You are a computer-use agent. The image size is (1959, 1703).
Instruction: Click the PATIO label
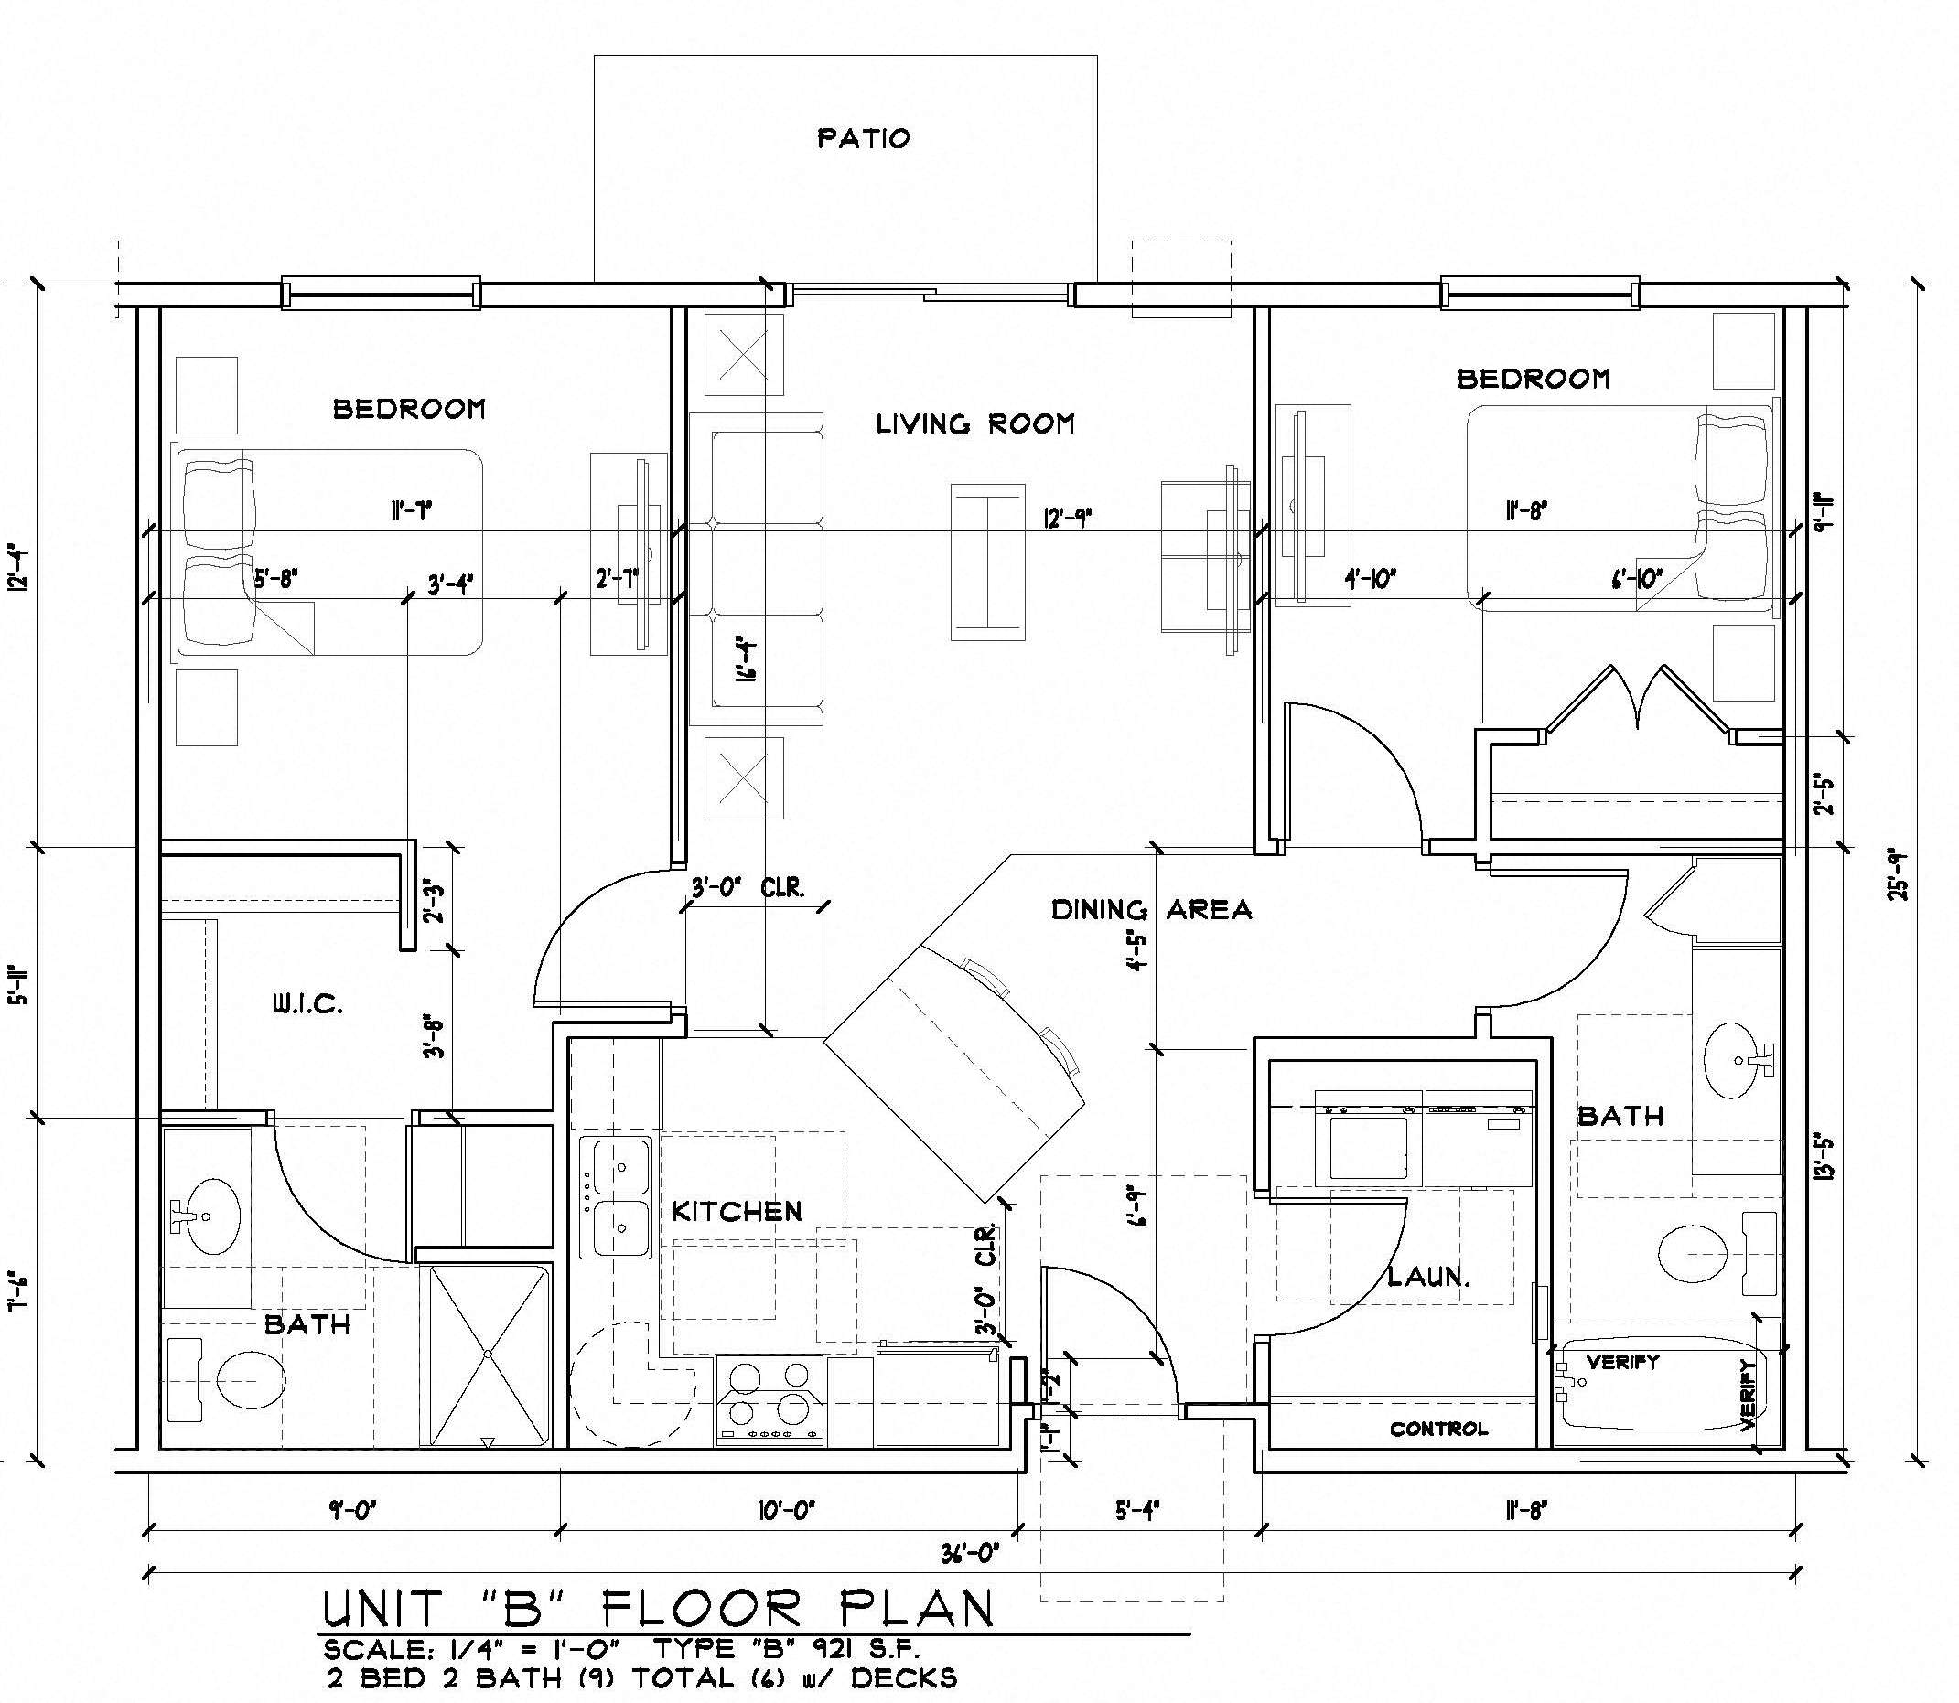point(863,139)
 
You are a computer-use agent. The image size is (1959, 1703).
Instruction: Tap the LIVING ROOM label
point(974,423)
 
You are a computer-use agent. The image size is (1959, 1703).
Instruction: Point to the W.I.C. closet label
point(308,1004)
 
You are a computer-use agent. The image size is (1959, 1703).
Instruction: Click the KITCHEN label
point(737,1211)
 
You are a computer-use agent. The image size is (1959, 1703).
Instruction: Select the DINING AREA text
point(1150,909)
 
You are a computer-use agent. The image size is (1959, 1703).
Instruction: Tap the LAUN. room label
point(1427,1276)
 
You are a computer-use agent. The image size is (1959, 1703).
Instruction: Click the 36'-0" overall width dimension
point(970,1554)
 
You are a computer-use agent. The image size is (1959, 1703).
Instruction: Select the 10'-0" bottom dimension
point(788,1509)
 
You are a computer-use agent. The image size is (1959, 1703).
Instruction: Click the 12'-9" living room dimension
point(1068,518)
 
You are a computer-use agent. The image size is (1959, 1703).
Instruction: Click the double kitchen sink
point(616,1198)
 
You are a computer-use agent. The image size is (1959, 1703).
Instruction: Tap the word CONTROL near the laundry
point(1438,1429)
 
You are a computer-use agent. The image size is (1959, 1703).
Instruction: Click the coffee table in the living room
point(988,561)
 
